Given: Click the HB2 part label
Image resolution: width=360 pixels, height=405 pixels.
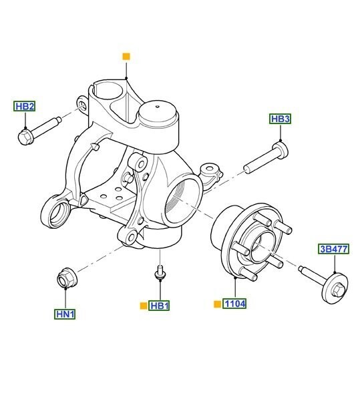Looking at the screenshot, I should pos(25,107).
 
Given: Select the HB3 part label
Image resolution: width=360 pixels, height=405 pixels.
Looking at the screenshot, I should pos(281,119).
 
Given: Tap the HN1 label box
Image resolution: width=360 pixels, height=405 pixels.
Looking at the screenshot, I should pos(65,313).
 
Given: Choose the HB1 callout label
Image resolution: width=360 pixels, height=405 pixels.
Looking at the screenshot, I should pos(160,306).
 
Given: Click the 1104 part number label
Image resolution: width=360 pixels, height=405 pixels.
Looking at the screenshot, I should pos(234,304).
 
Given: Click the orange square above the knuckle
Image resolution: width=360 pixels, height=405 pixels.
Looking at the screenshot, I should pos(125,57).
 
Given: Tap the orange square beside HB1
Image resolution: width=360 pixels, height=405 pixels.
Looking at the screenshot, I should pos(143,306).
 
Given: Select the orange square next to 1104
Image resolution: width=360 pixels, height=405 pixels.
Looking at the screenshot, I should pos(216,304).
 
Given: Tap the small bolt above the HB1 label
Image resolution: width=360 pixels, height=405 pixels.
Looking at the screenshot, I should pos(160,272).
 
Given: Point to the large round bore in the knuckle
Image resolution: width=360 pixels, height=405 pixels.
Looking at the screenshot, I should pos(182,196).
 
